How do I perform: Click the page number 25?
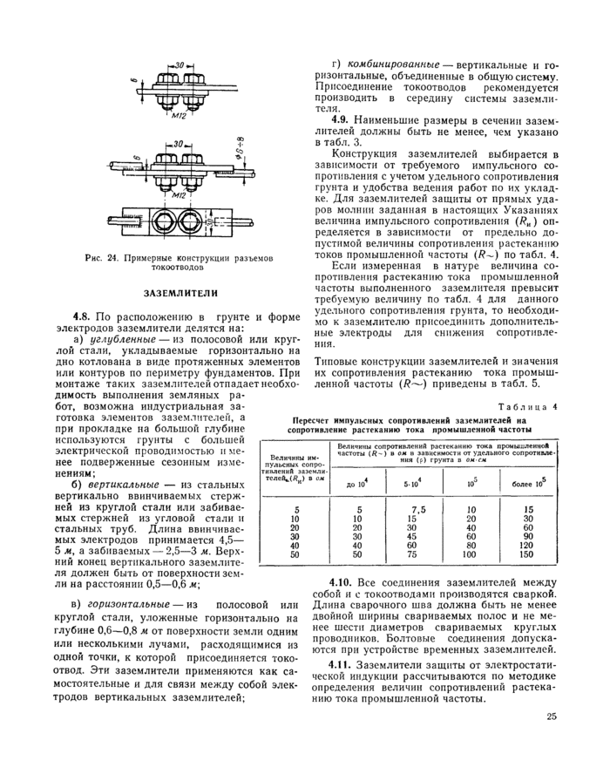(x=552, y=716)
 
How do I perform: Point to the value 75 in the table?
(x=417, y=553)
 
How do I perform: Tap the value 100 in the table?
(x=471, y=553)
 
